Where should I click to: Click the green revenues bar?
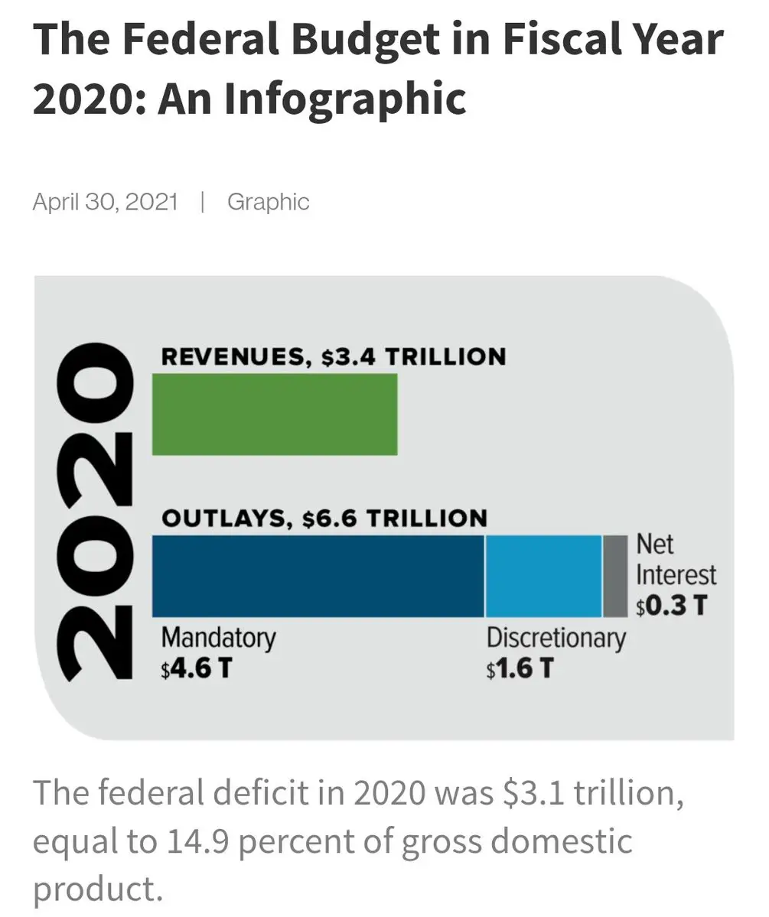pos(275,414)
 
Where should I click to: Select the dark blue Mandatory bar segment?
pos(318,576)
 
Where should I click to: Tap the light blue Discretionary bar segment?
pos(543,576)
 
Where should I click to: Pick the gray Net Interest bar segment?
pos(614,576)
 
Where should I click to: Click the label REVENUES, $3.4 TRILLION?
pos(334,356)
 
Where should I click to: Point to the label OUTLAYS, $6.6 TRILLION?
pos(324,518)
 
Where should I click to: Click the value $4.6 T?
pos(197,668)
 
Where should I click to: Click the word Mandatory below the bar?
pos(218,637)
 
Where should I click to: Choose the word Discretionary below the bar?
pos(556,637)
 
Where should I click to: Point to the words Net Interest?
pos(676,560)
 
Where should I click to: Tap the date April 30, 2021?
pos(105,202)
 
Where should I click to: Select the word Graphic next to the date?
pos(268,202)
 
